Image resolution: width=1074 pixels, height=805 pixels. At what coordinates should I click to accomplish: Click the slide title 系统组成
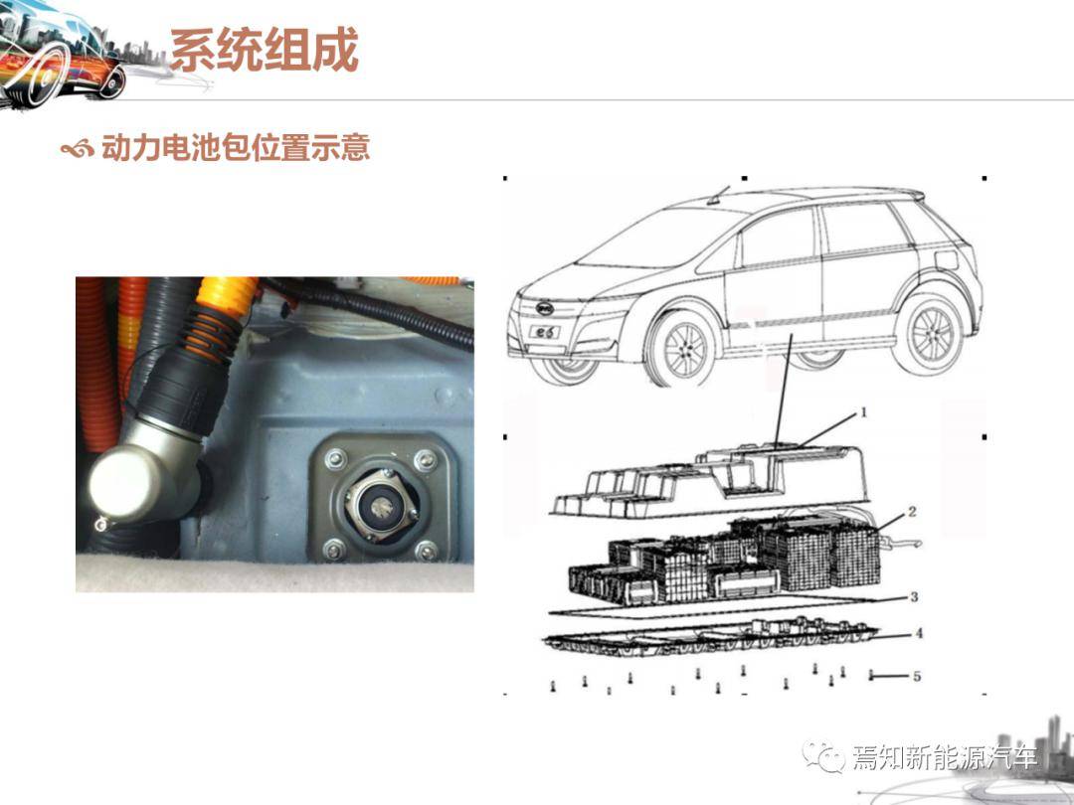click(x=265, y=50)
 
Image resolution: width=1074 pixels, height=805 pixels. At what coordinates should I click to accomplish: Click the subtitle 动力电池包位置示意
click(x=236, y=147)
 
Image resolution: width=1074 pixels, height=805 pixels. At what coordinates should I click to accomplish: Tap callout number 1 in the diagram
click(x=863, y=412)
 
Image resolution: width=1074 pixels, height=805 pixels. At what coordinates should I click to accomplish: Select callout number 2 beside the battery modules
click(x=912, y=512)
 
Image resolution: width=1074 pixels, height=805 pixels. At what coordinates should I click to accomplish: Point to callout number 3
click(x=914, y=597)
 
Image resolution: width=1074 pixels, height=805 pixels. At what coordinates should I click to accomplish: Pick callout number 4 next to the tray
click(x=919, y=633)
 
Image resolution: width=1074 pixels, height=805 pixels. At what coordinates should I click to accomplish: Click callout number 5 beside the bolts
click(x=917, y=677)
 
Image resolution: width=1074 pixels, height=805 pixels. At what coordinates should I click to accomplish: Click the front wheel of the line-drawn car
click(x=683, y=349)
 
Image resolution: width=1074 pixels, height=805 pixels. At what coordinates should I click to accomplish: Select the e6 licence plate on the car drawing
click(x=544, y=333)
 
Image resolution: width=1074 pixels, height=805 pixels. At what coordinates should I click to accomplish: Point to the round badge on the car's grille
click(x=545, y=308)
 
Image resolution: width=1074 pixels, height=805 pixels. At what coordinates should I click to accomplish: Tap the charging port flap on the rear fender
click(x=946, y=260)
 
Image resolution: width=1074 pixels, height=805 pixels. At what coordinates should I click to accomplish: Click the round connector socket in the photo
click(x=380, y=507)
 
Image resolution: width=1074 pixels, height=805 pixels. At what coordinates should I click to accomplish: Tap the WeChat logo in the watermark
click(x=823, y=756)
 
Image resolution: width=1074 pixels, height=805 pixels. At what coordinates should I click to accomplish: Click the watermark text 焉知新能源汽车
click(x=945, y=757)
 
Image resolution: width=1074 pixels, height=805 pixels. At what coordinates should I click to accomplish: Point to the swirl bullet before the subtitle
click(x=77, y=148)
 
